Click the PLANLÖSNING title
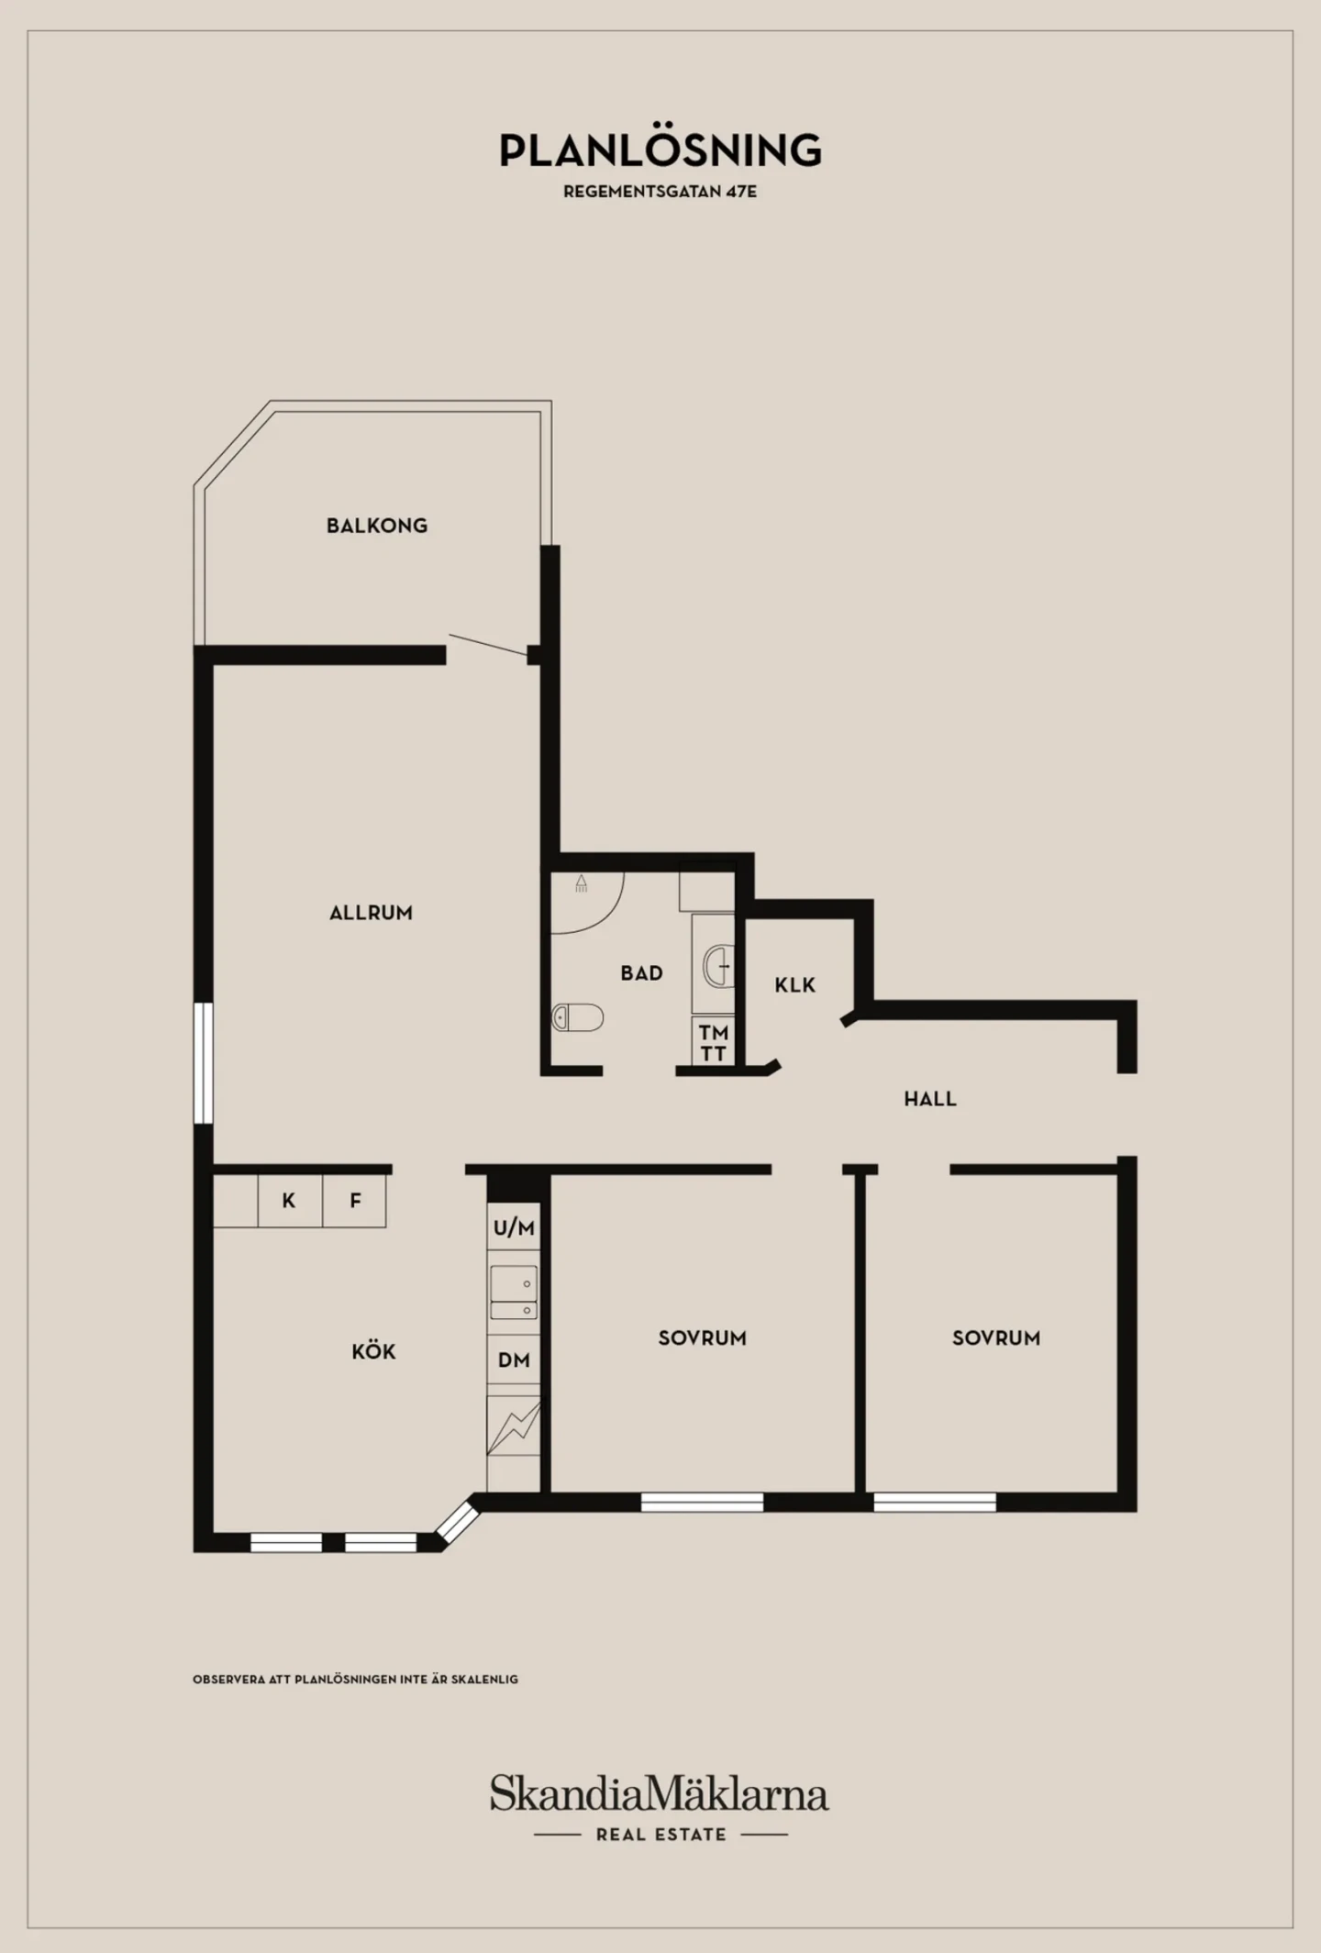click(x=660, y=150)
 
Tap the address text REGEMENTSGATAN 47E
click(x=660, y=193)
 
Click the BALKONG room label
click(x=377, y=526)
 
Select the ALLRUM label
click(x=371, y=913)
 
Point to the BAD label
click(x=641, y=973)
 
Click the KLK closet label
click(x=794, y=985)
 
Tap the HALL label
click(x=930, y=1099)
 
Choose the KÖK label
click(x=373, y=1351)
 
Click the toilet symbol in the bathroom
click(x=578, y=1017)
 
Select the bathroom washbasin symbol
click(x=718, y=966)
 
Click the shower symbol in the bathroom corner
click(x=581, y=883)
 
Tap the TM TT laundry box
click(x=713, y=1043)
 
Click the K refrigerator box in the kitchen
click(x=290, y=1201)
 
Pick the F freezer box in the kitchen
click(x=354, y=1201)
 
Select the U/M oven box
click(x=514, y=1228)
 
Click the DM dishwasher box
click(x=514, y=1360)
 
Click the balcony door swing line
click(x=488, y=645)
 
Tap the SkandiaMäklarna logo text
click(x=660, y=1793)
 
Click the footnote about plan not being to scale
click(x=355, y=1680)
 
